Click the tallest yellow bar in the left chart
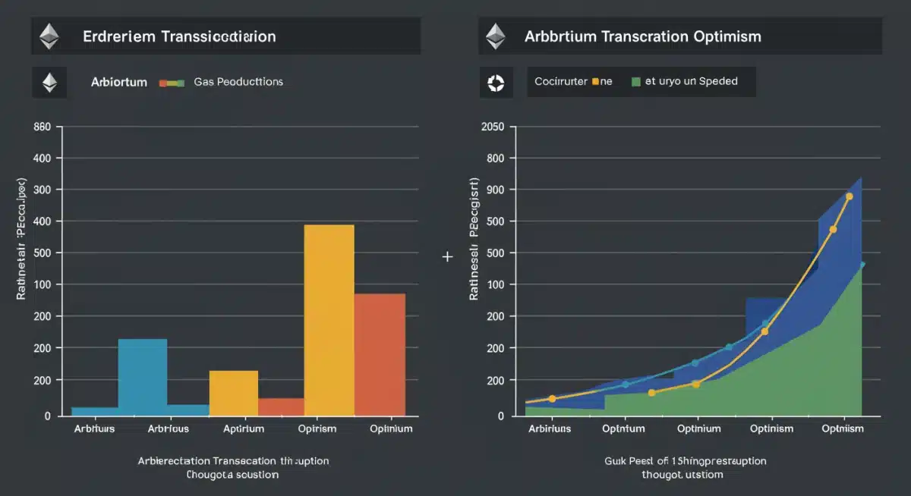coord(329,319)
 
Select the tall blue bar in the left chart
coord(142,375)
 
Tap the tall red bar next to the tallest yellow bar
coord(380,353)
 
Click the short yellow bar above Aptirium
coord(233,391)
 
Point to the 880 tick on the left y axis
coord(43,127)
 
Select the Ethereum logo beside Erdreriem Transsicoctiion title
coord(49,36)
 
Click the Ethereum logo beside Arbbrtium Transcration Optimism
coord(496,36)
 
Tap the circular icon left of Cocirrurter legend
coord(496,82)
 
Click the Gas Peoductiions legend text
coord(238,82)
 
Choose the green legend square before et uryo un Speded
coord(635,82)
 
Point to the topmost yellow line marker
coord(849,196)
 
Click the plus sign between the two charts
coord(447,257)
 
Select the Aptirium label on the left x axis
coord(244,429)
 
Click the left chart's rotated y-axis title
coord(22,240)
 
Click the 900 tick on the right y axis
coord(500,190)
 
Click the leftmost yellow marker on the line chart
coord(552,398)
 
